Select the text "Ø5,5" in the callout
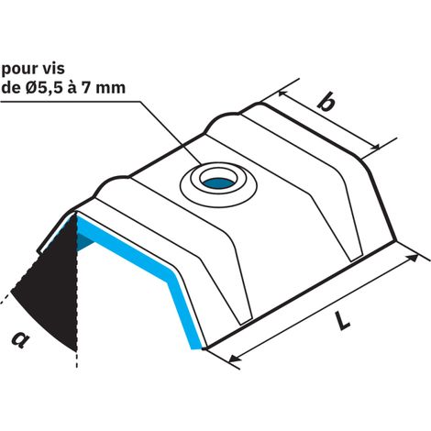point(41,88)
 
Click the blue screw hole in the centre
point(217,182)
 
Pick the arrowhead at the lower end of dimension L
point(235,358)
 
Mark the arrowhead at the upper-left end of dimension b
point(283,94)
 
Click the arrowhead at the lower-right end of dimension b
point(375,147)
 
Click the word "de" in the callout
point(10,88)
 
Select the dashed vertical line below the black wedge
point(77,359)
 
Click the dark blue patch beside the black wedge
point(85,241)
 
